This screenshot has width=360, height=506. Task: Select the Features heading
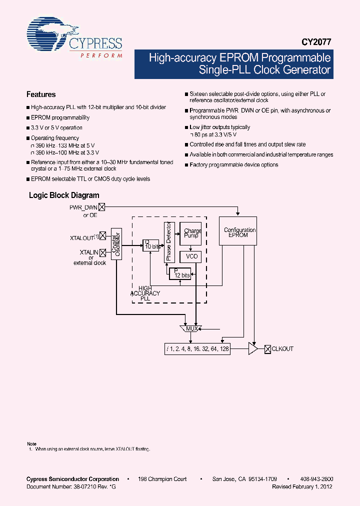(41, 94)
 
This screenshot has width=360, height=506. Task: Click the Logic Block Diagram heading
(64, 195)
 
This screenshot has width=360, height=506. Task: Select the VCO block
(191, 256)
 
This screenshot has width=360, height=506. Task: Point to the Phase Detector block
(168, 241)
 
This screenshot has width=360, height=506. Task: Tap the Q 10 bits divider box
(150, 245)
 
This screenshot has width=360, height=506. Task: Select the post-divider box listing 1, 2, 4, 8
(197, 349)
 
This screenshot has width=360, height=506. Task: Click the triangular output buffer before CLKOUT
(252, 349)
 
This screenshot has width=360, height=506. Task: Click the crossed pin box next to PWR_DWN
(102, 207)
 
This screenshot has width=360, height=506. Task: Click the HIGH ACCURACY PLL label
(145, 293)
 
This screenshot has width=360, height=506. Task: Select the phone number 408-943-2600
(317, 479)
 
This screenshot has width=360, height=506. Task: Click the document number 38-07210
(58, 486)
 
